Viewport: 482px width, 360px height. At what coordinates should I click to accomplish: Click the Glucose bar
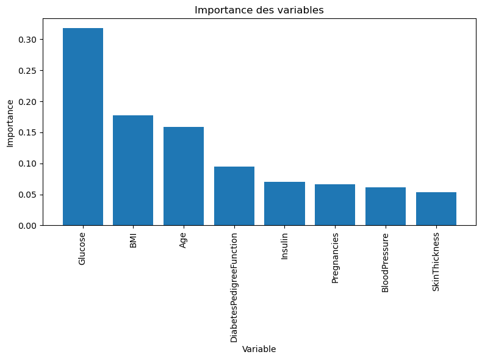pos(83,127)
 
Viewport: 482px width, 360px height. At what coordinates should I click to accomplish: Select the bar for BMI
pos(133,170)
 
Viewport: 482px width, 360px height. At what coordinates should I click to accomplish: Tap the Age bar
pos(184,176)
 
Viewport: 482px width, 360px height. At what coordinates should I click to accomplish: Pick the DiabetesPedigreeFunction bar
pos(234,196)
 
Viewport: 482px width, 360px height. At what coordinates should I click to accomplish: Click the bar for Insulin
pos(284,204)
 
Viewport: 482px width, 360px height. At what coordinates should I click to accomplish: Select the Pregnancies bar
pos(335,205)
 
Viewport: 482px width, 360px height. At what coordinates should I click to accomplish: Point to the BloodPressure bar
pos(386,206)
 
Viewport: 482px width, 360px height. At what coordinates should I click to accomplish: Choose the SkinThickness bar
pos(436,209)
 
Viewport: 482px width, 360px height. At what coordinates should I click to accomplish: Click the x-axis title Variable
pos(259,349)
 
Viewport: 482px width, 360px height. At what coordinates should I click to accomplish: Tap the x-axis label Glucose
pos(82,248)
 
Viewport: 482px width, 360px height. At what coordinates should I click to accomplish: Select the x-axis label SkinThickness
pos(436,262)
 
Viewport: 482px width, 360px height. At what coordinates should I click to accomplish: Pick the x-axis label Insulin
pos(284,246)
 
